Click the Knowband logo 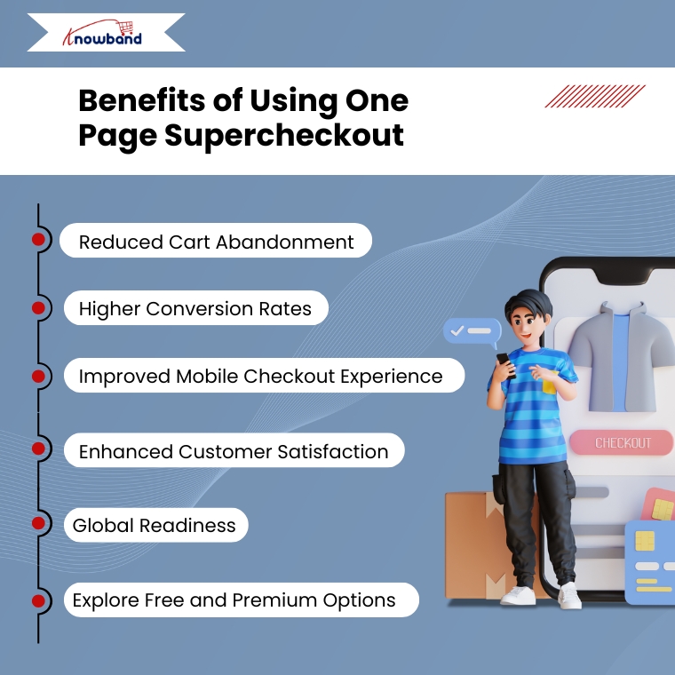102,33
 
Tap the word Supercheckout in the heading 284,136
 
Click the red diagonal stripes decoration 595,96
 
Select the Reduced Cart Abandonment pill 216,240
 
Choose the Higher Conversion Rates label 196,308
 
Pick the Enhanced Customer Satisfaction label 234,450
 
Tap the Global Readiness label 155,525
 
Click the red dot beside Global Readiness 38,523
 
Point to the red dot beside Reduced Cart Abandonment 38,239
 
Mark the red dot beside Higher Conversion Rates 38,308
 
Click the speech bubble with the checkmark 472,332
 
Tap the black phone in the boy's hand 506,365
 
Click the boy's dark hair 528,303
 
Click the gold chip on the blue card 645,540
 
